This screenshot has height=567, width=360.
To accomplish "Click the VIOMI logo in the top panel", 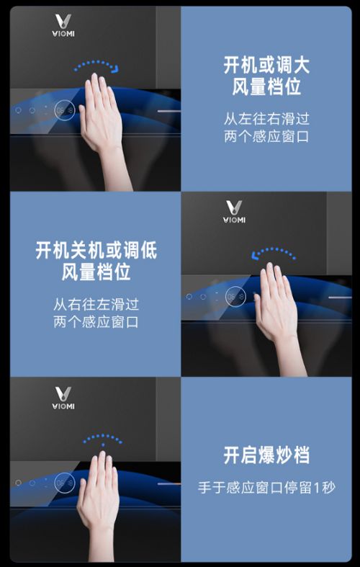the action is tap(63, 25).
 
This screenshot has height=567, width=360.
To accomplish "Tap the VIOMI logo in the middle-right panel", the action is tap(234, 212).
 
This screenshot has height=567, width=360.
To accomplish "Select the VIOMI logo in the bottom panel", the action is tap(63, 398).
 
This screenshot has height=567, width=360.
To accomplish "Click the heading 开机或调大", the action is tap(266, 66).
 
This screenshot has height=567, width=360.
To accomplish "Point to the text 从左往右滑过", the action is tap(266, 119).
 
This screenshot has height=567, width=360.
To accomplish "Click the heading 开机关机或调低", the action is tap(96, 251).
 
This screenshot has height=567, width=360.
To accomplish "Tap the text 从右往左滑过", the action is tap(96, 304).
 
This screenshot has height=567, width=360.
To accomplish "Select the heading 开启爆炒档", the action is tap(266, 455).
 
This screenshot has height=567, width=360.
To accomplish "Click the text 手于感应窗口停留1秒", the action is tap(266, 487).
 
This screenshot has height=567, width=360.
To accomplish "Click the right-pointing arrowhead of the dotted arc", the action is tap(115, 69).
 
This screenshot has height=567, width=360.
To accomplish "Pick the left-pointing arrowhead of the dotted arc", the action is tap(256, 256).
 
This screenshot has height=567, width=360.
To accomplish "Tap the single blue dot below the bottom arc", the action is tap(103, 445).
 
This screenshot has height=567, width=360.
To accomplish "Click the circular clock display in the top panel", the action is tap(65, 110).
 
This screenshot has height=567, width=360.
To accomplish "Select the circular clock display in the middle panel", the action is tap(235, 297).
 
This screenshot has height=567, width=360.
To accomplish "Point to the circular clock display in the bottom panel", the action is tap(65, 483).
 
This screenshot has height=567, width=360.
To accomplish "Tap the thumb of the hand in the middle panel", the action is tap(258, 305).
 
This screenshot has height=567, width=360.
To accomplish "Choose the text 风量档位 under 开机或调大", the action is tap(266, 87).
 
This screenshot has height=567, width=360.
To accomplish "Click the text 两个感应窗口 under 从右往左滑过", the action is tap(96, 322).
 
